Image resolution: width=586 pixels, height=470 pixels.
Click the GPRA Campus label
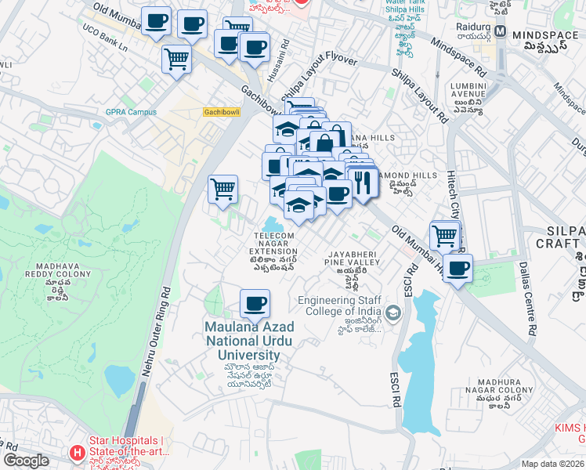[131, 112]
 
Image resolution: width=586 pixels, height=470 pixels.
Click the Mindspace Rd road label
[458, 59]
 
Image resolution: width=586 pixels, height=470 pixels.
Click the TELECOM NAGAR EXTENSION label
[274, 244]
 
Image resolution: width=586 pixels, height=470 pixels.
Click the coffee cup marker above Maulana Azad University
[254, 303]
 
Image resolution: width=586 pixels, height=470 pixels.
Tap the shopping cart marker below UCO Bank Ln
[176, 58]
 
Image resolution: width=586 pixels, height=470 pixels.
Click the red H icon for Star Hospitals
[76, 452]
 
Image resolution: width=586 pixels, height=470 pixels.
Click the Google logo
[26, 461]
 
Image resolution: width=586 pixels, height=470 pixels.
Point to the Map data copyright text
[552, 464]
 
